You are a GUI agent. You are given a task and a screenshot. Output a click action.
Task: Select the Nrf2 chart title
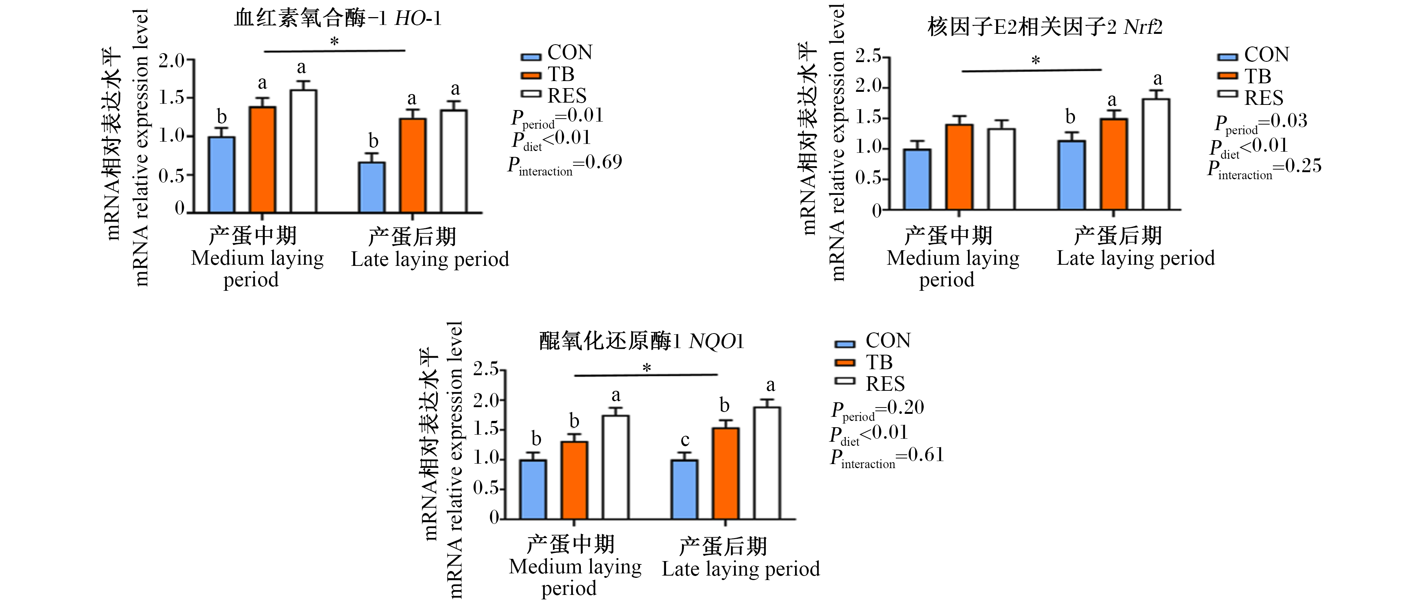point(1045,26)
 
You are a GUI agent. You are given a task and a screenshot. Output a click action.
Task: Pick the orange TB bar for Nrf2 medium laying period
point(959,167)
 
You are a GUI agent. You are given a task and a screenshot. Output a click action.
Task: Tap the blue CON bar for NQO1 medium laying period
point(533,489)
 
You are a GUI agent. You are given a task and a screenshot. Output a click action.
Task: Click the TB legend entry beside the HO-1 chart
point(548,74)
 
